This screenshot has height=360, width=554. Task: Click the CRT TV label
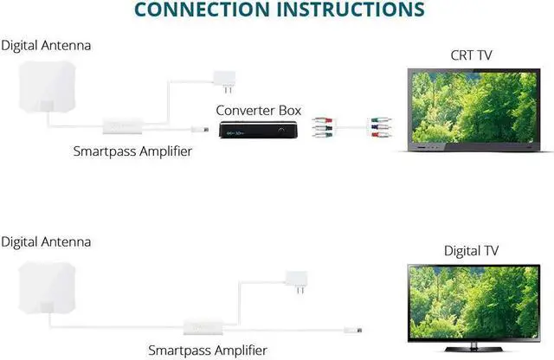point(471,55)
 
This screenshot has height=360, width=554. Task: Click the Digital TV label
point(471,251)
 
